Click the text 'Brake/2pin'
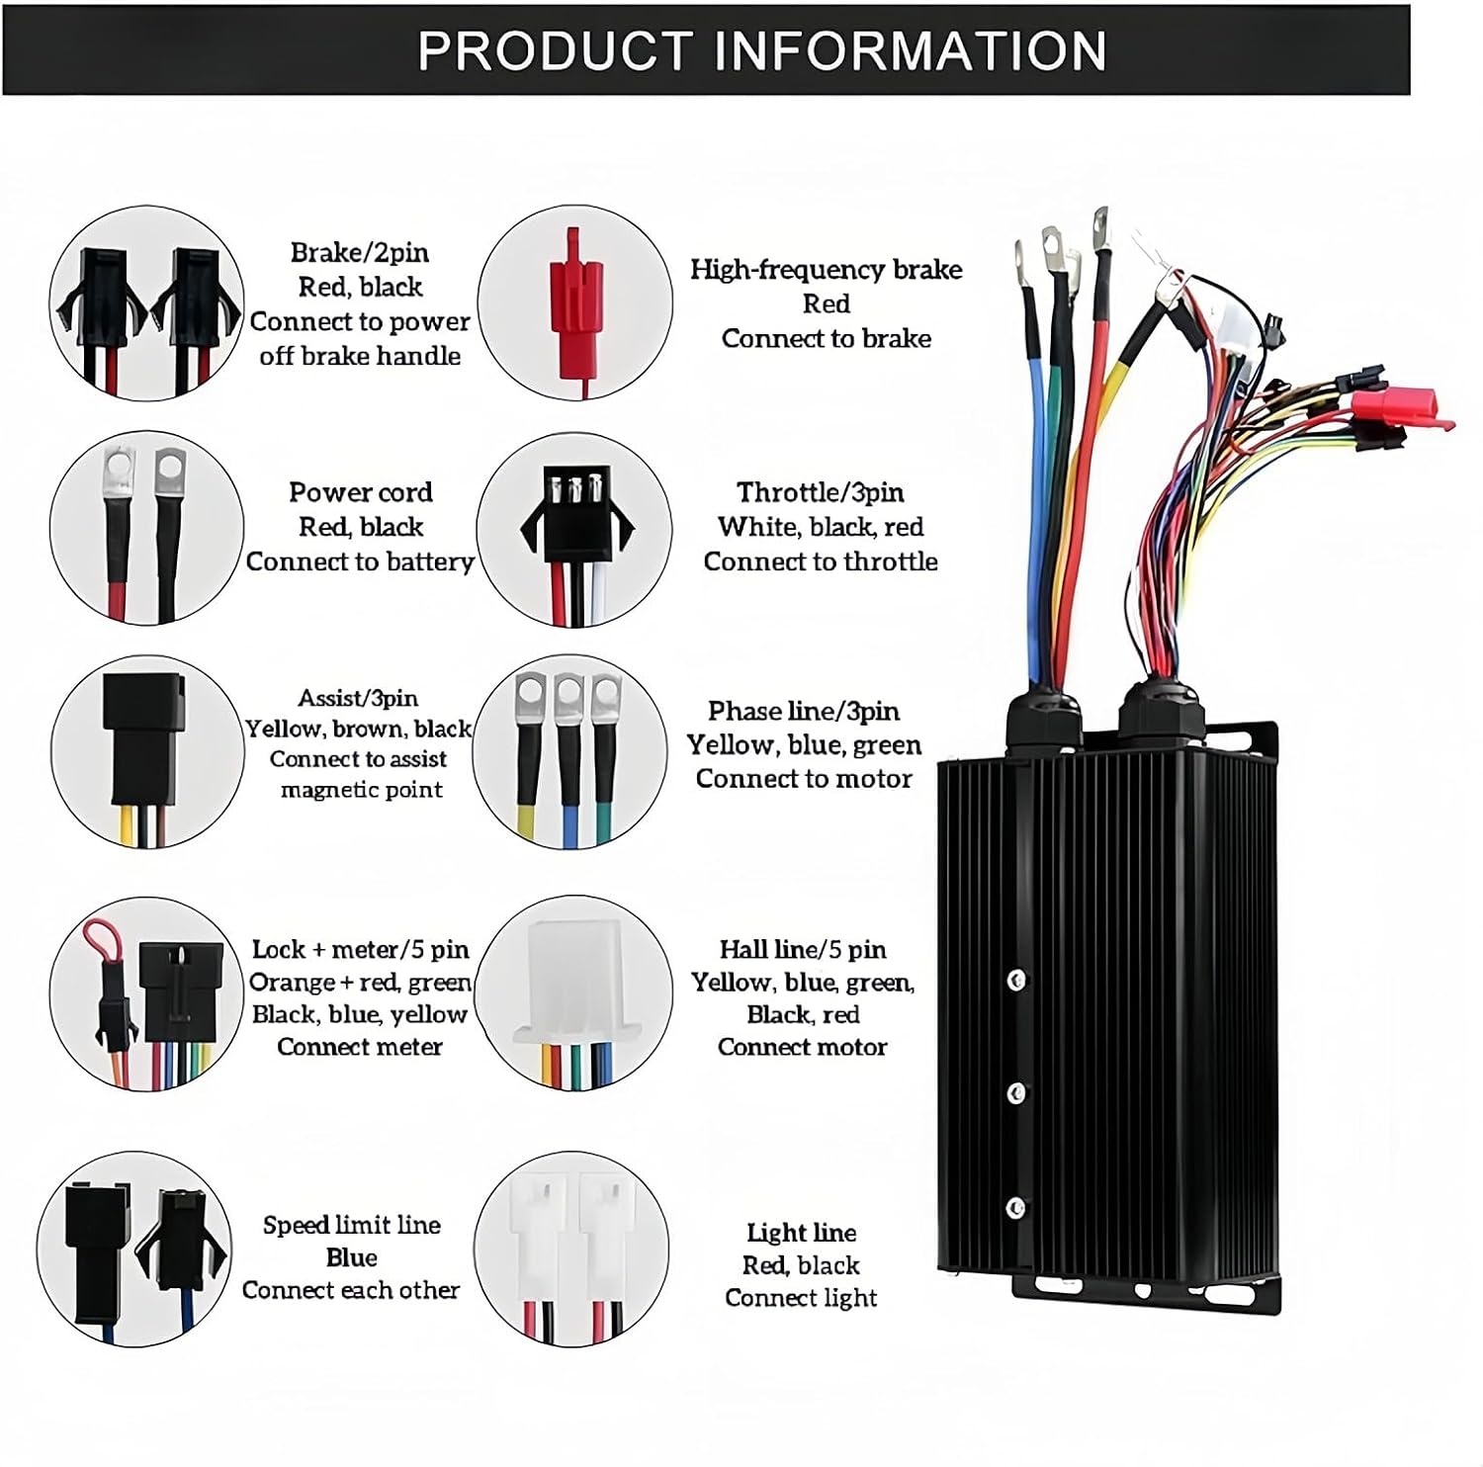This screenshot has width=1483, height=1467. [360, 253]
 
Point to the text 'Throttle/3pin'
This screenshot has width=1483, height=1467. [820, 492]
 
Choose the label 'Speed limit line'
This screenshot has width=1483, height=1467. [351, 1225]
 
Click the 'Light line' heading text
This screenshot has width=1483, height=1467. [801, 1233]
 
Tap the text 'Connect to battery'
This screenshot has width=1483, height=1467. [360, 561]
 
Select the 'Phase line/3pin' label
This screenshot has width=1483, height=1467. [803, 711]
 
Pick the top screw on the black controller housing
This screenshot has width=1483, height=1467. [1015, 981]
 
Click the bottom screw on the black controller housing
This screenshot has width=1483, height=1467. [1015, 1208]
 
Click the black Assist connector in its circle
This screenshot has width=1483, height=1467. [144, 736]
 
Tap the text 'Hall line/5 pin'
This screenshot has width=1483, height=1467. [802, 950]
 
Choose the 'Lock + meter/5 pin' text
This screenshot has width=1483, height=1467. [360, 950]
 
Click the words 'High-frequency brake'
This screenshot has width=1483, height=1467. [826, 270]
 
